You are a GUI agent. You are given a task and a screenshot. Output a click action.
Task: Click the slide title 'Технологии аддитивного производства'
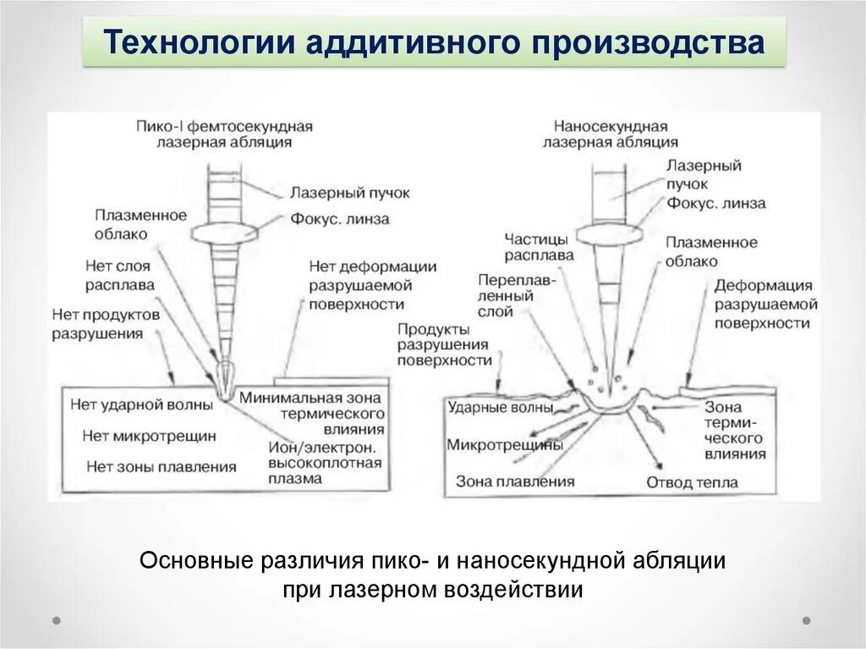coord(434,42)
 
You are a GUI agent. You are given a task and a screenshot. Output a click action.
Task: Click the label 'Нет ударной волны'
coord(141,404)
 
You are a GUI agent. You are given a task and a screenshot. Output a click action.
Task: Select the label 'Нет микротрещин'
coord(149,436)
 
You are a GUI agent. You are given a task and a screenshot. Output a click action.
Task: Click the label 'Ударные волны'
coord(501,407)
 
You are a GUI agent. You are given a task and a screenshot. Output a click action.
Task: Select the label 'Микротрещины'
coord(504,444)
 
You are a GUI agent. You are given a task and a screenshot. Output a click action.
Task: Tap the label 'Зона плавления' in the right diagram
coord(514,481)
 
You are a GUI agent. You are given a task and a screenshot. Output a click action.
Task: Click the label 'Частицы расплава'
coord(539,246)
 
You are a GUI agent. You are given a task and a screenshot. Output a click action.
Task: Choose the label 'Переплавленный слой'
coord(504,295)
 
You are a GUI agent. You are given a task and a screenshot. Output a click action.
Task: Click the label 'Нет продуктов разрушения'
coord(105,322)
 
